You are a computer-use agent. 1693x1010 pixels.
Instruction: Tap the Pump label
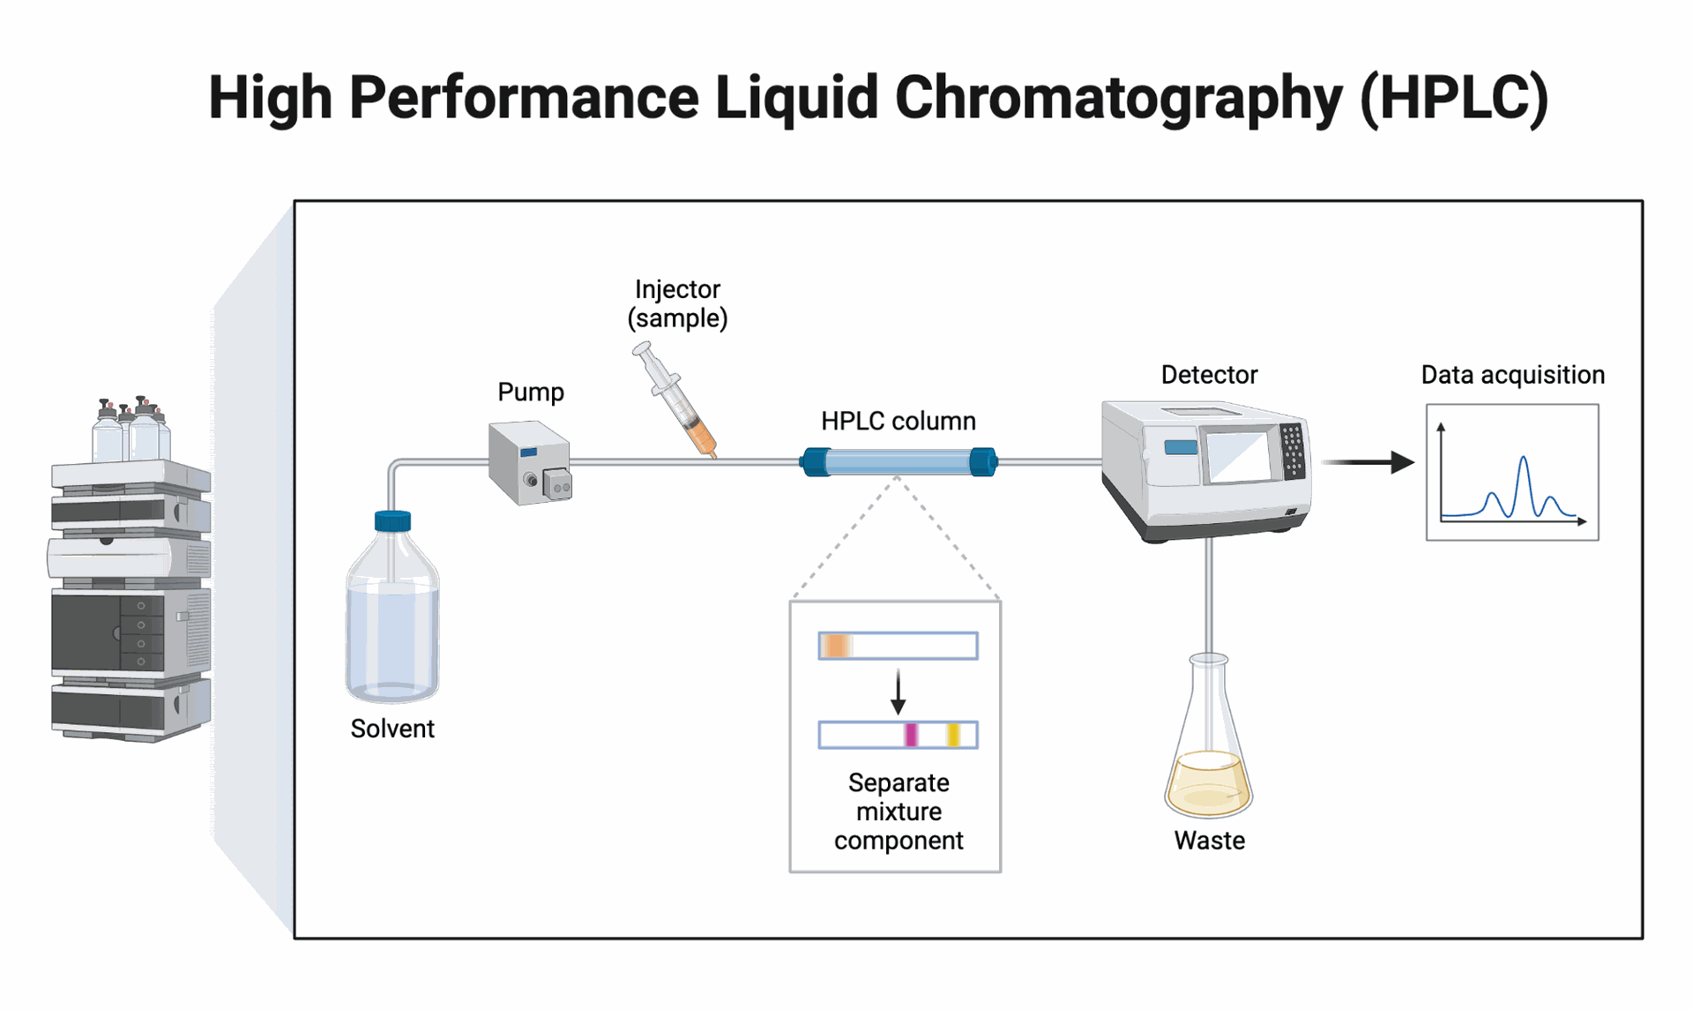pos(531,392)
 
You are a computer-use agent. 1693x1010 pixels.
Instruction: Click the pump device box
pos(530,463)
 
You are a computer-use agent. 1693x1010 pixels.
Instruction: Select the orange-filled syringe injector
pos(675,400)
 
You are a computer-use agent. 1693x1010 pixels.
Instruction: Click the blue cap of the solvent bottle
pos(392,521)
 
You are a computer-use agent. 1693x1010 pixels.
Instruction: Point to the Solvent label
pos(392,729)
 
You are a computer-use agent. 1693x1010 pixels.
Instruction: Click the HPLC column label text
pos(899,421)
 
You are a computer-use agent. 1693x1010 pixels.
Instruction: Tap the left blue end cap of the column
pos(816,461)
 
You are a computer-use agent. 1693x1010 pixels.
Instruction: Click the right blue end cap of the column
pos(983,461)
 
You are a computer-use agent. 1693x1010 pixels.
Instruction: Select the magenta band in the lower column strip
pos(911,735)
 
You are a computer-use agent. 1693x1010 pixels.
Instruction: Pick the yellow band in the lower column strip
pos(953,735)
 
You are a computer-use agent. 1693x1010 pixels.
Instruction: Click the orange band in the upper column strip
pos(836,646)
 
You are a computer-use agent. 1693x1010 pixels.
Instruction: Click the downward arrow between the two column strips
pos(898,692)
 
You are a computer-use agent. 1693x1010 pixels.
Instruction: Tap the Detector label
pos(1209,375)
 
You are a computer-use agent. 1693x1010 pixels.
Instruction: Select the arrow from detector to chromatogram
pos(1368,461)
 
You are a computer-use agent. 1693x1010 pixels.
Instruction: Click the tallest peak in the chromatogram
pos(1523,458)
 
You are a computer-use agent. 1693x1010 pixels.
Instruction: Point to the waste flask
pos(1209,737)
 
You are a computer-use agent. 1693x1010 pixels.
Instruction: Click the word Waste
pos(1209,841)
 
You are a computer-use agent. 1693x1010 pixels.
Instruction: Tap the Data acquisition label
pos(1512,375)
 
